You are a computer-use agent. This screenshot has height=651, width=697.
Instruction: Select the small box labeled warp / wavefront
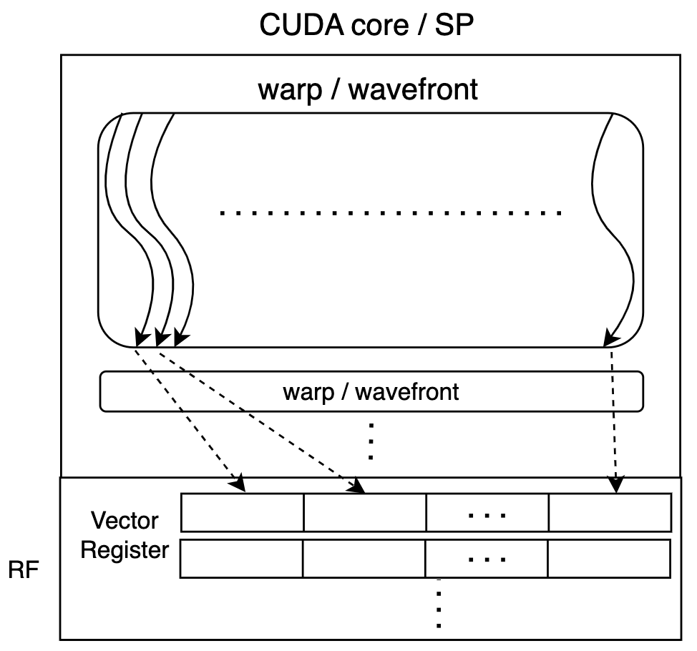click(371, 392)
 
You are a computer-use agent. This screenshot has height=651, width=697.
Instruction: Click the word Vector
click(125, 520)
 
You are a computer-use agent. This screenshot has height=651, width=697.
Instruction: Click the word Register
click(125, 550)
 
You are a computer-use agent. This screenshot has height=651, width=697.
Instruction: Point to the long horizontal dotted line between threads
click(390, 213)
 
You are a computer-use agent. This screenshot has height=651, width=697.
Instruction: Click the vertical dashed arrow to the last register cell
click(614, 422)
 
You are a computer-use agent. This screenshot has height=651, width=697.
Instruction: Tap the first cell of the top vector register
click(243, 512)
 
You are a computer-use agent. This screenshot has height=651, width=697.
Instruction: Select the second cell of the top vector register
click(365, 512)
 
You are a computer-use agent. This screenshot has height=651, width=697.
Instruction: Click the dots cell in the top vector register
click(487, 512)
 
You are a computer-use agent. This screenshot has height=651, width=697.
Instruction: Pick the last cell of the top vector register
click(610, 512)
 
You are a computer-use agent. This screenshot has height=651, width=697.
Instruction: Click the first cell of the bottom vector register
click(241, 559)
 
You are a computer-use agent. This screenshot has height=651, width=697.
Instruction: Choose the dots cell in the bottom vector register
click(487, 559)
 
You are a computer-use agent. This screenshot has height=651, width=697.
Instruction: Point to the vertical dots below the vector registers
click(439, 608)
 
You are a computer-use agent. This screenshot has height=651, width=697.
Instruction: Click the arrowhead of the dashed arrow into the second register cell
click(358, 489)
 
